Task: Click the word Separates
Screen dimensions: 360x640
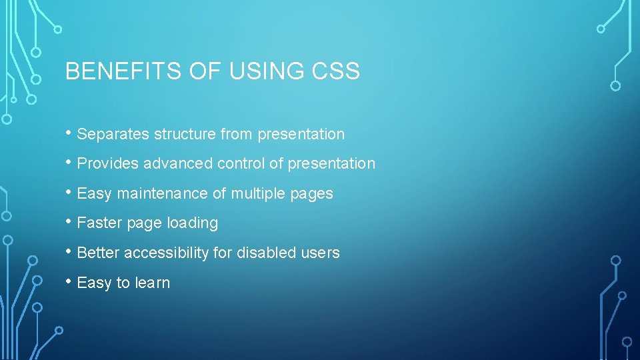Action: (x=113, y=135)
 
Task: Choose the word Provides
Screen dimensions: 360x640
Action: (x=108, y=164)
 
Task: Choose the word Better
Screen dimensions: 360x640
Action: (x=98, y=253)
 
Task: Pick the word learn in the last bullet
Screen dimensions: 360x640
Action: (x=152, y=283)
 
